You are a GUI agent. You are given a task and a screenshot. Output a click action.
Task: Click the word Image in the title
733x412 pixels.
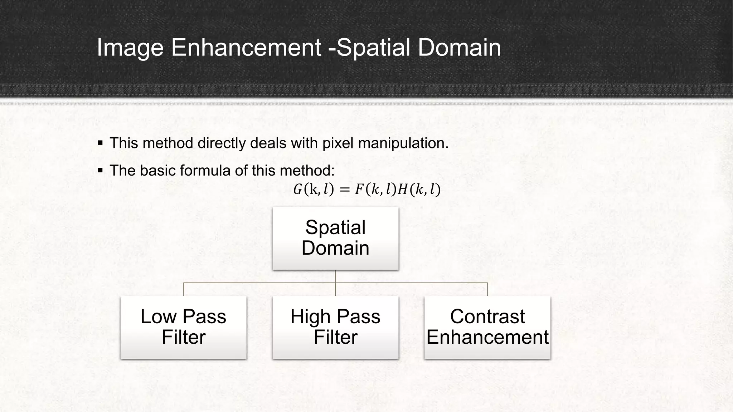pos(130,48)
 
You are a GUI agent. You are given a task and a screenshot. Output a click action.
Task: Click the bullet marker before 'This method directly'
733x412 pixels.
pos(100,143)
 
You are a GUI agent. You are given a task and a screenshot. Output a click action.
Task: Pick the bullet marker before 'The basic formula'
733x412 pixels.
pos(100,170)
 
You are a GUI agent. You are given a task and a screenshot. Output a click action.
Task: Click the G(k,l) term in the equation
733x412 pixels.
pos(313,190)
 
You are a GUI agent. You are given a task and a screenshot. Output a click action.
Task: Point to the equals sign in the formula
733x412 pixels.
pos(344,190)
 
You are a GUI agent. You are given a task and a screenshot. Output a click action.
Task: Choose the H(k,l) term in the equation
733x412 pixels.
pos(419,190)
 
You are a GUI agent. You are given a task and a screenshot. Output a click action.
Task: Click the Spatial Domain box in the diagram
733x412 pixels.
pos(335,238)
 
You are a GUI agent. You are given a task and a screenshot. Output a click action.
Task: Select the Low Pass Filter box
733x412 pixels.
pos(183,327)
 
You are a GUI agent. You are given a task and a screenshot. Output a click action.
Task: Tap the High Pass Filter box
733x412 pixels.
pos(335,327)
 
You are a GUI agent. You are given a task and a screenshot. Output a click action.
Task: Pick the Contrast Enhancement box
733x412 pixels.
pos(487,327)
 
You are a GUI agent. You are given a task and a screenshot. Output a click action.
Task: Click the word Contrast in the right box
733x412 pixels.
pos(487,317)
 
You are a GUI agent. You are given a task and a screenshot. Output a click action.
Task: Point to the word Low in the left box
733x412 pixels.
pos(158,317)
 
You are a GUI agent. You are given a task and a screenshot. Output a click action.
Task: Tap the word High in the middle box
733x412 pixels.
pos(310,317)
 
